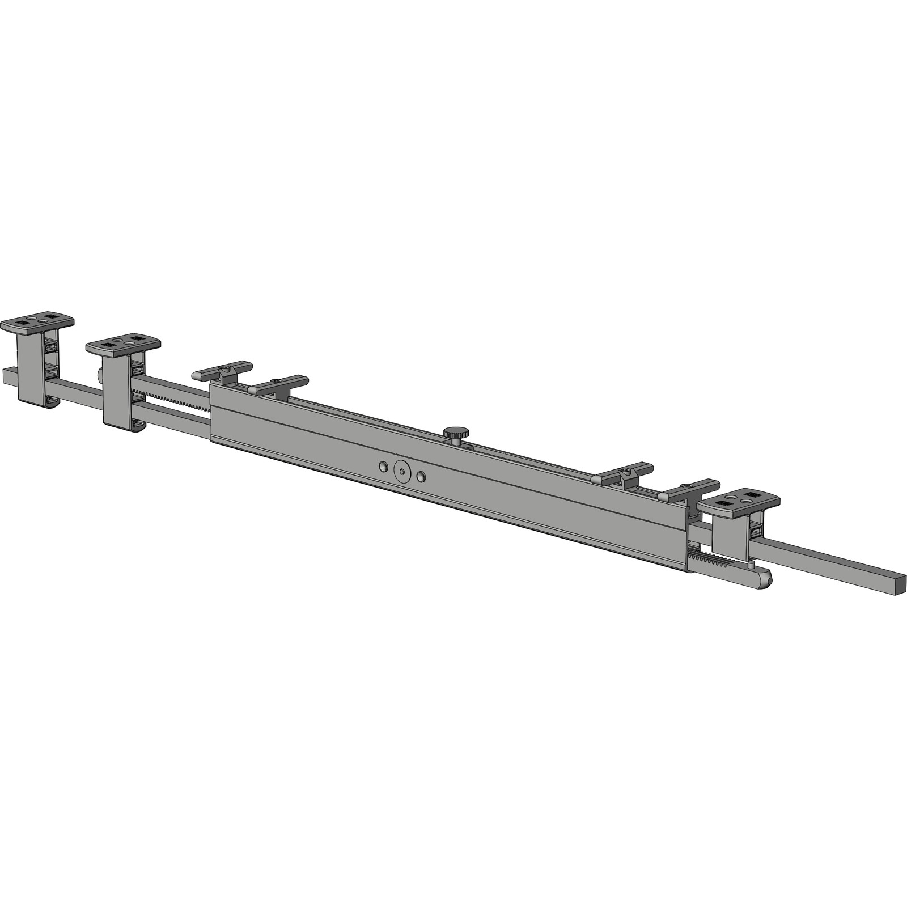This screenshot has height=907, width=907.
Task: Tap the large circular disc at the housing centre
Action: (402, 472)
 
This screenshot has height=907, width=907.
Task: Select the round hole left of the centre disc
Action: (384, 467)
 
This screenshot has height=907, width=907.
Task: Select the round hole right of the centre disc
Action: (421, 477)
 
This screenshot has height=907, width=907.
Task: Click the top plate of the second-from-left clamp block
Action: (123, 345)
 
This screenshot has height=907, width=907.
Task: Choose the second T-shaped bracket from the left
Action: (278, 384)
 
